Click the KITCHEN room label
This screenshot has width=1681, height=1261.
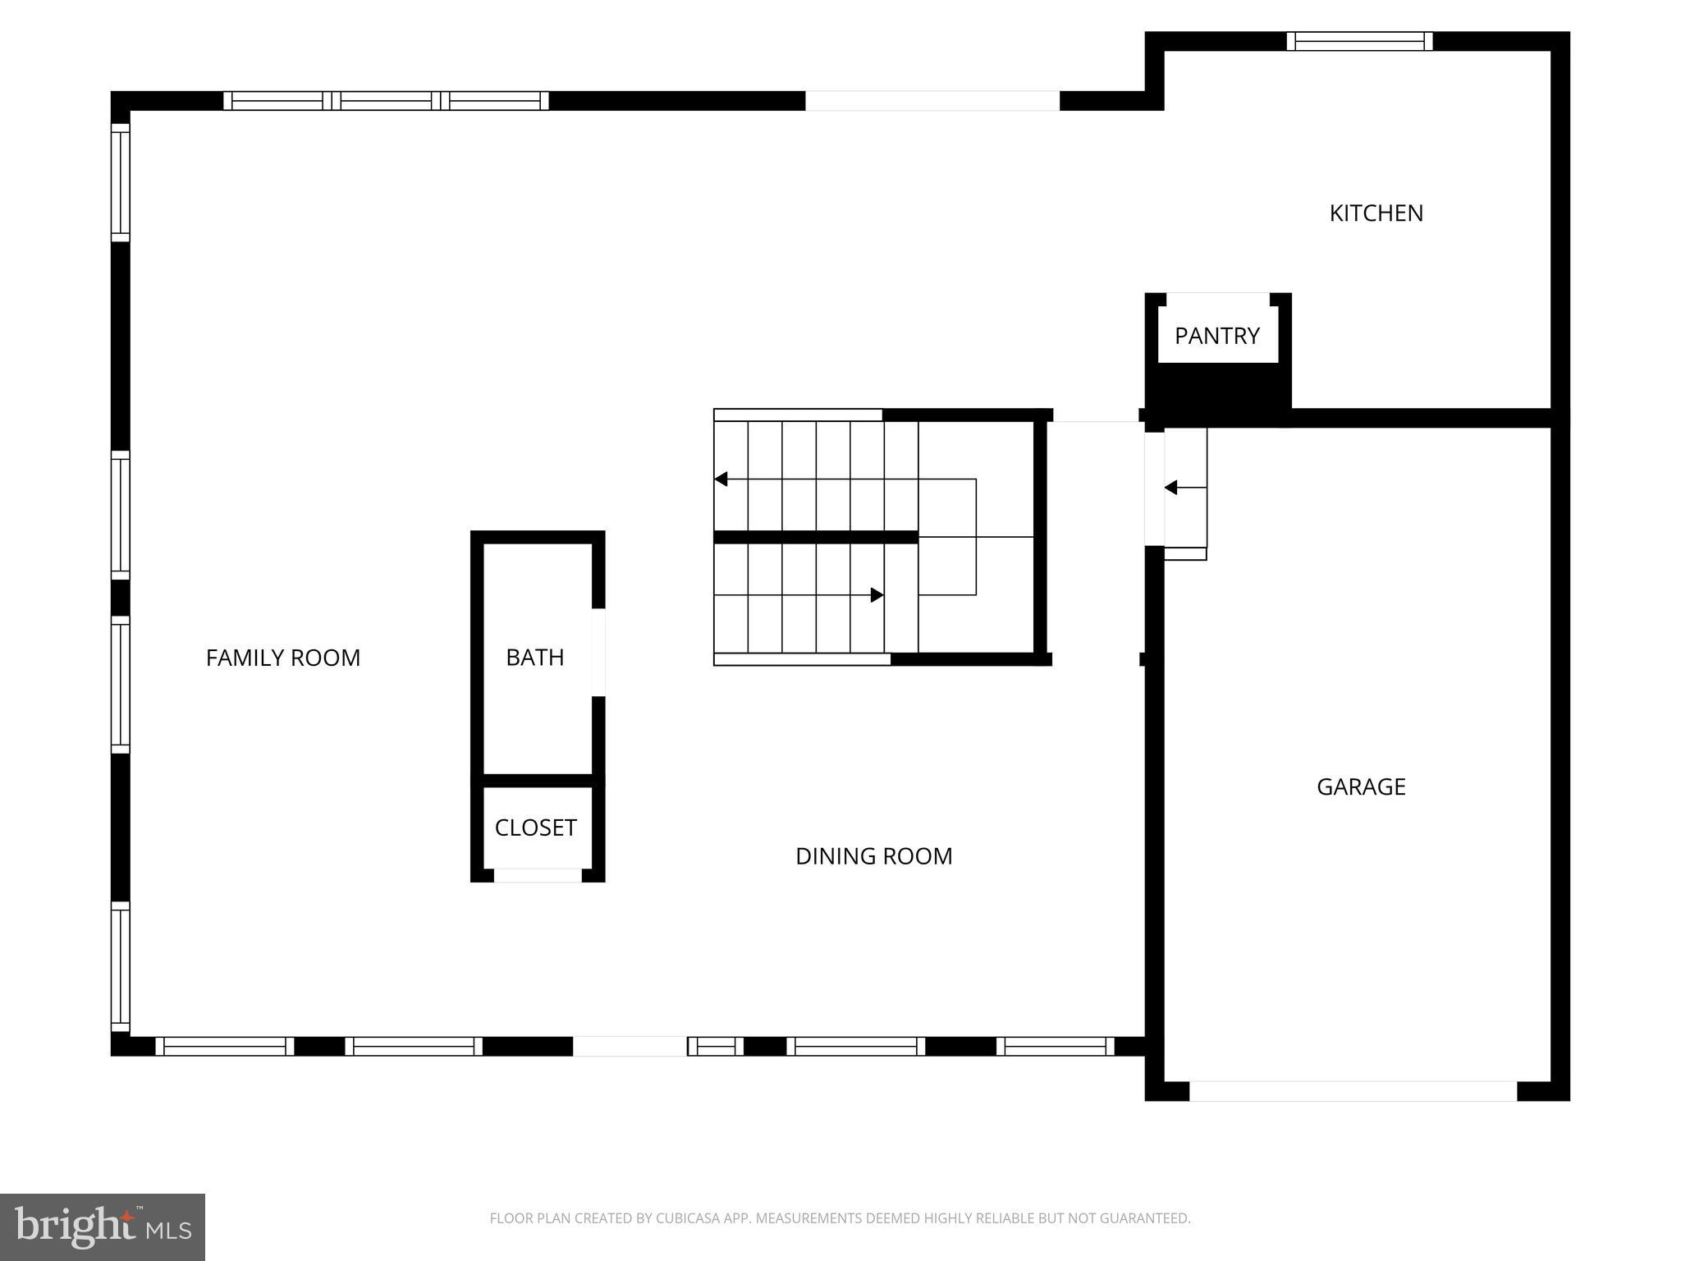click(x=1376, y=213)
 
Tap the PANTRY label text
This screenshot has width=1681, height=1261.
click(x=1216, y=336)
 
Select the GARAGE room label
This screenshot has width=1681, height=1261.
click(x=1361, y=786)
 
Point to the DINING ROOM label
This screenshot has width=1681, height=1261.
click(x=873, y=856)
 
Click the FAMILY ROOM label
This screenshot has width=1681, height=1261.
click(x=282, y=658)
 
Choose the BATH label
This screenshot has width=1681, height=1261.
click(x=534, y=658)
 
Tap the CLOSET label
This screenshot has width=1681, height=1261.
click(x=535, y=828)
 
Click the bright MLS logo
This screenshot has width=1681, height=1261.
click(x=103, y=1227)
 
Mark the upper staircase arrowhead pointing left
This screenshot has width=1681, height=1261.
click(x=721, y=479)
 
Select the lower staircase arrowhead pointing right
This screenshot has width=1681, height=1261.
click(x=877, y=594)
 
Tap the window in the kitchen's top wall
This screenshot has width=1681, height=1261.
click(x=1359, y=41)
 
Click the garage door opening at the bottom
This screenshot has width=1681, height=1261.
click(x=1353, y=1091)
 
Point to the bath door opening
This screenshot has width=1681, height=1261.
click(x=598, y=652)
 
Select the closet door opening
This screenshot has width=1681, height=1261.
click(x=538, y=875)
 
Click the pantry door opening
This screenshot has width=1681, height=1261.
click(x=1217, y=299)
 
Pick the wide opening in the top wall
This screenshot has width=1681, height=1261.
click(x=932, y=101)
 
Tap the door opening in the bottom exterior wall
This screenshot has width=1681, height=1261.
click(x=630, y=1046)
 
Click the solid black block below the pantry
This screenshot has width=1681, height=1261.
click(x=1218, y=394)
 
